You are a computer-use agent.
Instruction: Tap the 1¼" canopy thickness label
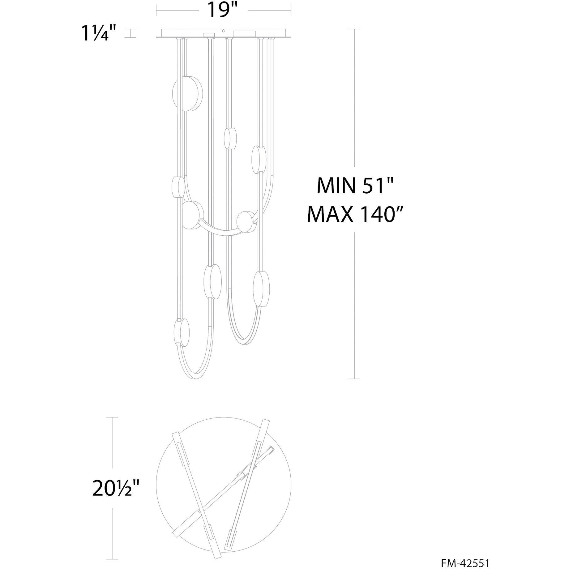pos(99,33)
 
